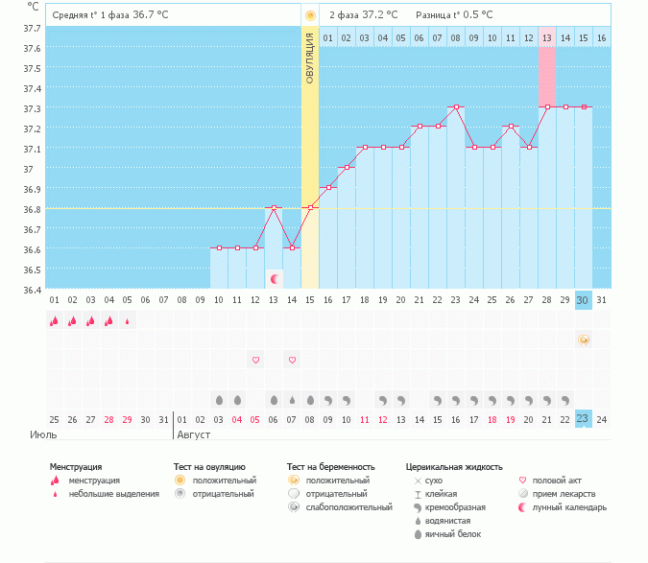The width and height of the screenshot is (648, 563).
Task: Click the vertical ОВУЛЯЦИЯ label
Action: (x=310, y=58)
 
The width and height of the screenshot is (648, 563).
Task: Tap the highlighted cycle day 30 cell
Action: (x=584, y=300)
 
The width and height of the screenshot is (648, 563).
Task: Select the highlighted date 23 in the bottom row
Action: (x=584, y=418)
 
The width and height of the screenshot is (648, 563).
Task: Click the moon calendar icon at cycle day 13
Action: (x=275, y=279)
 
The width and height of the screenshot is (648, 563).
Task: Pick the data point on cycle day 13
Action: (x=274, y=207)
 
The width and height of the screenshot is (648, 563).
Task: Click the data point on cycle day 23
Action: (x=457, y=107)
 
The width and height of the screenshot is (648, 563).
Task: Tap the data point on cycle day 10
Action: (x=219, y=247)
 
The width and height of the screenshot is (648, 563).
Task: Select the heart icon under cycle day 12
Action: (x=255, y=360)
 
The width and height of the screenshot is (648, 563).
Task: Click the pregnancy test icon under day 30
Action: (x=584, y=340)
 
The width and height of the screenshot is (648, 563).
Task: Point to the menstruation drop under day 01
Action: (x=54, y=321)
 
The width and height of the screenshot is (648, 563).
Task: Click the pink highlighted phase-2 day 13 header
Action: (x=547, y=38)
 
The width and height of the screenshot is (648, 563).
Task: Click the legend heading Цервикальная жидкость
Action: (x=454, y=467)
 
